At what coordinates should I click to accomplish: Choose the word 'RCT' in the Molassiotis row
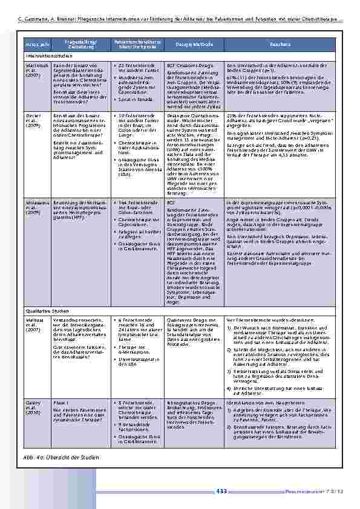pyautogui.click(x=171, y=203)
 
